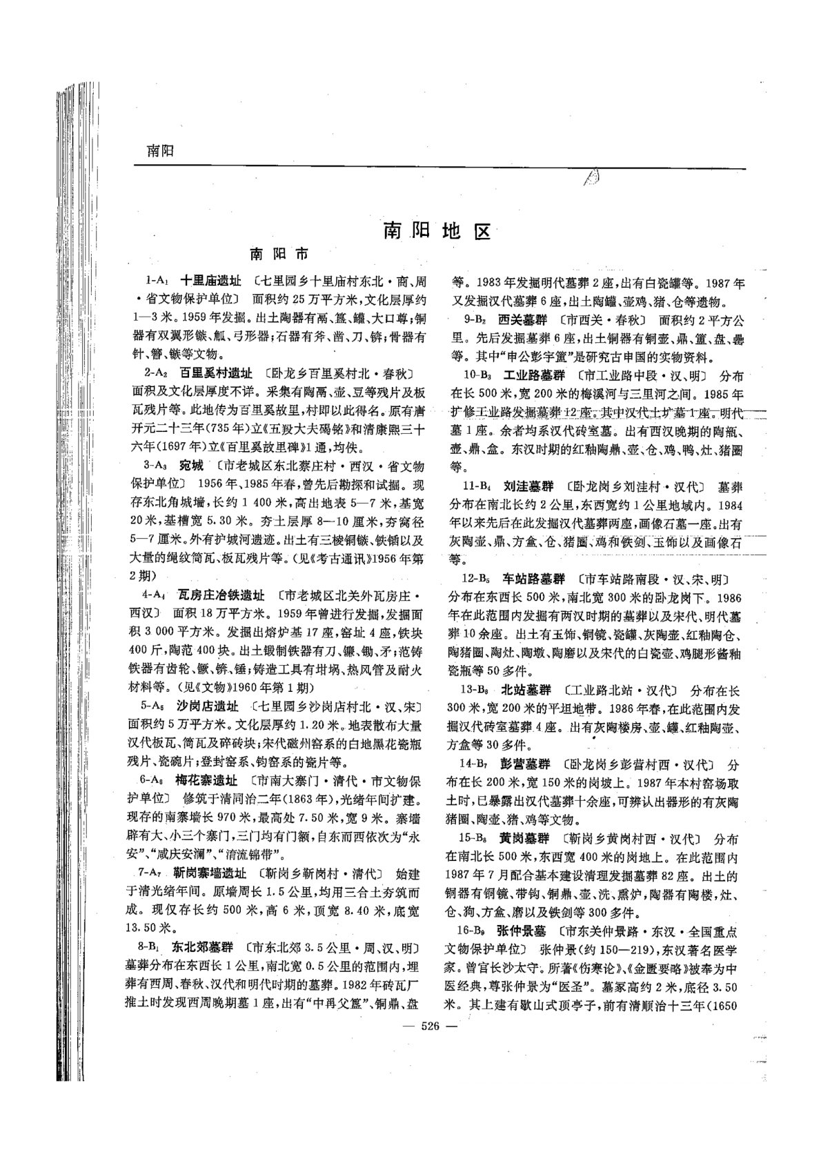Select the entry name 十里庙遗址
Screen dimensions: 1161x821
[210, 281]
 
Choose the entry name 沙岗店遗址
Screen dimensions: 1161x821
[208, 706]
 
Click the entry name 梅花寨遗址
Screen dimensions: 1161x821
[206, 780]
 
